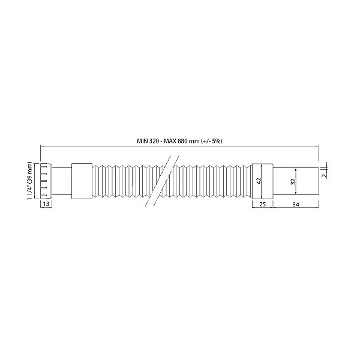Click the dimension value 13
coord(46,203)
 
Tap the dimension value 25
coord(262,204)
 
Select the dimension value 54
coord(296,205)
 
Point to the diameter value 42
coord(259,181)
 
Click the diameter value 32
coord(293,182)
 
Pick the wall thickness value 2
coord(324,175)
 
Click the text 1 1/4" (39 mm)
coord(30,181)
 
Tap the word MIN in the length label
coord(142,141)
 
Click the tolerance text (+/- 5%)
coord(211,141)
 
